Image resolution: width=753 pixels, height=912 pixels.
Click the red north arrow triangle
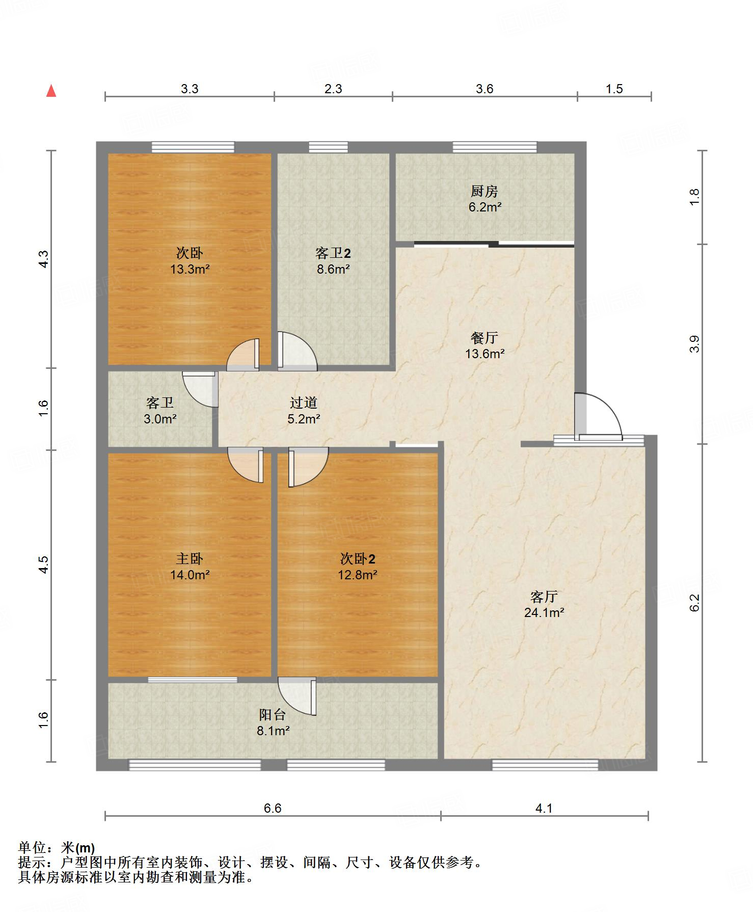click(51, 91)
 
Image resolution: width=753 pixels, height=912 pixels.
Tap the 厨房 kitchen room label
click(484, 192)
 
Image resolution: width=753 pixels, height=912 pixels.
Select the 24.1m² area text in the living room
click(544, 612)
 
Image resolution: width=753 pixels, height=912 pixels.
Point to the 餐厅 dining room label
click(484, 337)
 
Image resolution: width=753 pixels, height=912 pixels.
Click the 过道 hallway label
click(304, 403)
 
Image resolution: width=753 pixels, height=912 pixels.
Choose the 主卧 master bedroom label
click(190, 558)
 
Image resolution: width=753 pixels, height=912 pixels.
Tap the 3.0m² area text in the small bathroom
click(160, 419)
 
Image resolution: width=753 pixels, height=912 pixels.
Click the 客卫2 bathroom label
click(333, 253)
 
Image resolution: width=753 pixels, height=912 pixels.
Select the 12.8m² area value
click(358, 575)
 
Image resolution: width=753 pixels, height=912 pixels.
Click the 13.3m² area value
click(190, 269)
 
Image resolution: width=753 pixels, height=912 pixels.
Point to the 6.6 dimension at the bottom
click(273, 808)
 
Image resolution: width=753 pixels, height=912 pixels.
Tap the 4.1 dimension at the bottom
click(544, 808)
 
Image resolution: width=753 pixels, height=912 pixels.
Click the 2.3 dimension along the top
click(333, 89)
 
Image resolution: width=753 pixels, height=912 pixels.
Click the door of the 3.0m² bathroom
click(201, 389)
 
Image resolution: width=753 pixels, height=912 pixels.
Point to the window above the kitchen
click(495, 147)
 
